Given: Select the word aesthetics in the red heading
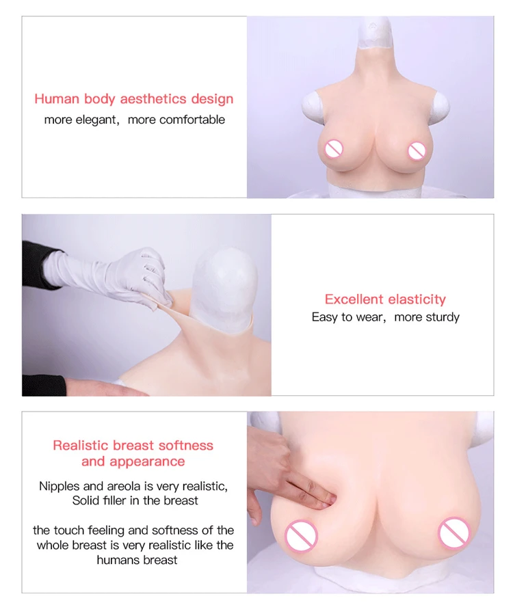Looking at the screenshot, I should pyautogui.click(x=153, y=99).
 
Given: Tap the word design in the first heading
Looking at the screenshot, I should pyautogui.click(x=212, y=99).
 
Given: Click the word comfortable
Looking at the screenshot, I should pyautogui.click(x=192, y=120).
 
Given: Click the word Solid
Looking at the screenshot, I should pyautogui.click(x=87, y=500).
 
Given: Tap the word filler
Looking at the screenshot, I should pyautogui.click(x=118, y=500).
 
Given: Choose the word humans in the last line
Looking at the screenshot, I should pyautogui.click(x=117, y=560).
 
